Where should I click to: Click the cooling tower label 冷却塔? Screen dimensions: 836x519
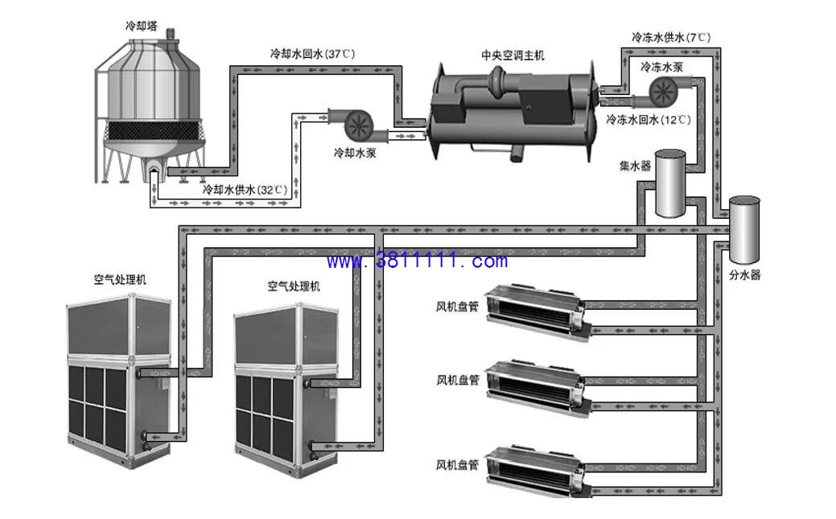(142, 26)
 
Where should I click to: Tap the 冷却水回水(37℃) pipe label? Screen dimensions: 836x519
(312, 54)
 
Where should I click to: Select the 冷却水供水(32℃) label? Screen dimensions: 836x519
(245, 189)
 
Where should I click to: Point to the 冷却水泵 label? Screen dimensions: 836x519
(355, 153)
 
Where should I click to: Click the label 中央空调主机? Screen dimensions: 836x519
(513, 56)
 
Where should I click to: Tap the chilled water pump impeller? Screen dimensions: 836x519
(663, 92)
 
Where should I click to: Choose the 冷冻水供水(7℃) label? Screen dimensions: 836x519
(671, 37)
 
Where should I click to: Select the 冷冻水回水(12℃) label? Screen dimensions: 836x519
(649, 119)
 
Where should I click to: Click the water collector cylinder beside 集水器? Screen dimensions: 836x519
(670, 183)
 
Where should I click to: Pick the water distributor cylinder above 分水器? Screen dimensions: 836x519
(744, 230)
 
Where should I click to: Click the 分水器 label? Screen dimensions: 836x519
(745, 275)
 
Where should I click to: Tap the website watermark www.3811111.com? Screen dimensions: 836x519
(417, 261)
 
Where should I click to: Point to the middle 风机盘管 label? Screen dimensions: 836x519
(458, 381)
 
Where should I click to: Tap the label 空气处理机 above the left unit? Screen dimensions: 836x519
(120, 279)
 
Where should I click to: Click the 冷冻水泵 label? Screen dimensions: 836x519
(661, 68)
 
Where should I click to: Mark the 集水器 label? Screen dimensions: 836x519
(635, 167)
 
